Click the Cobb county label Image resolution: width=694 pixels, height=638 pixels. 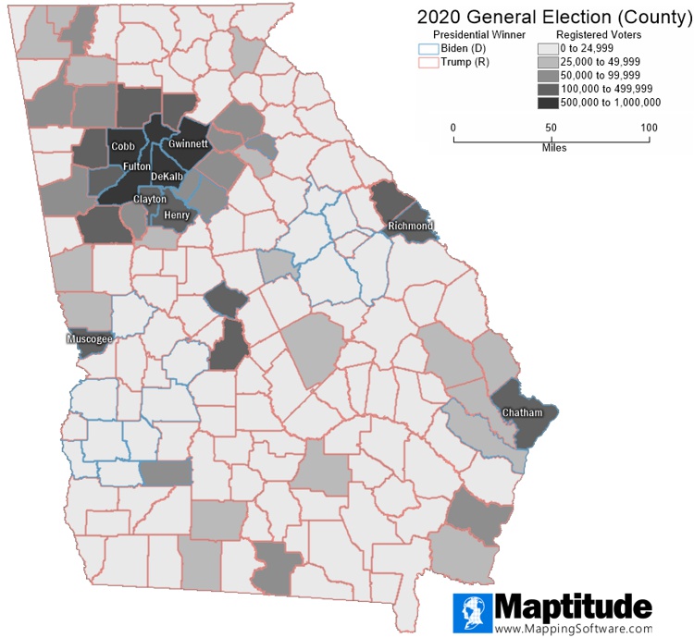[122, 146]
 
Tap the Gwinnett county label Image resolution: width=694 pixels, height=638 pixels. [189, 144]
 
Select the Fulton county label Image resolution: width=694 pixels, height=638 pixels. [137, 166]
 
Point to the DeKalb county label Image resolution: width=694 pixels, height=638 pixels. [167, 176]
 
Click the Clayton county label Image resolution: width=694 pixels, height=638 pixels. [150, 199]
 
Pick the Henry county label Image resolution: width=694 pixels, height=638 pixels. [176, 215]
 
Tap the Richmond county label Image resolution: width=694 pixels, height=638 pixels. [410, 226]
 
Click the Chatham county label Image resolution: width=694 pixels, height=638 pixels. [522, 411]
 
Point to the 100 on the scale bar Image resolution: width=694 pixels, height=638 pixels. [649, 127]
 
